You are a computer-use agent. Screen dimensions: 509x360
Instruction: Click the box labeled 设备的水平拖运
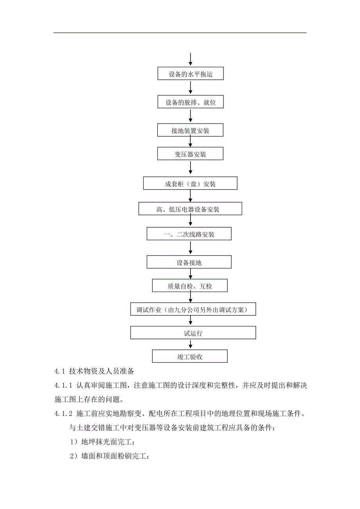[x=190, y=73]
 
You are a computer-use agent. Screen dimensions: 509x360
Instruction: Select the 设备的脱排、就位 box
[x=190, y=102]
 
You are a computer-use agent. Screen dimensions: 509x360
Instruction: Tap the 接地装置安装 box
[x=190, y=130]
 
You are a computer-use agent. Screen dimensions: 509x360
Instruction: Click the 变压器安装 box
[x=190, y=154]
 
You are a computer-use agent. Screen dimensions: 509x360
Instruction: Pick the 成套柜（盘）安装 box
[x=190, y=183]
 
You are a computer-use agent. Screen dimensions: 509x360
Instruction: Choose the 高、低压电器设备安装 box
[x=190, y=209]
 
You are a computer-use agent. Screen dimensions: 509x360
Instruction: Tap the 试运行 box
[x=193, y=333]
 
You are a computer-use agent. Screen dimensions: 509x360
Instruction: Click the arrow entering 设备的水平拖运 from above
[x=190, y=60]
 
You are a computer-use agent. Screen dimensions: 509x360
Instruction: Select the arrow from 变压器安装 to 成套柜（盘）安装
[x=190, y=168]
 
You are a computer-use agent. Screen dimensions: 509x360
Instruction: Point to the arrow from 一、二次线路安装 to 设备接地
[x=190, y=248]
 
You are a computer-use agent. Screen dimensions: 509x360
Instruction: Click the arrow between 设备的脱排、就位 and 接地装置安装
[x=190, y=116]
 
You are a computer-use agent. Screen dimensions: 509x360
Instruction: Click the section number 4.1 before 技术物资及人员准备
[x=59, y=371]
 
